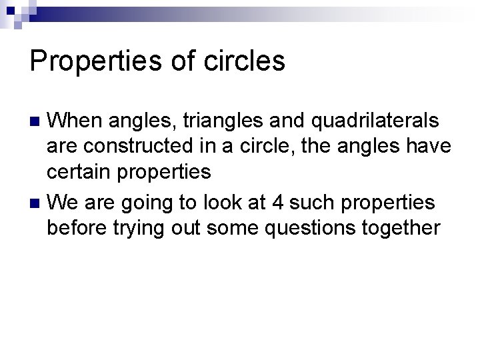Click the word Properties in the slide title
coord(94,61)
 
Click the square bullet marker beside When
coord(37,122)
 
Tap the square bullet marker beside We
coord(37,202)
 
